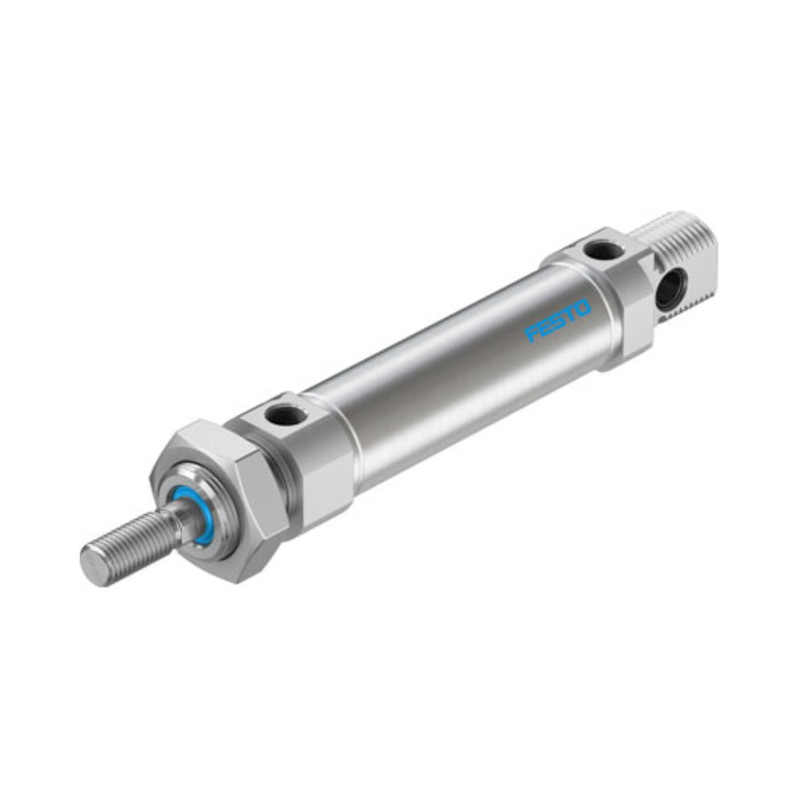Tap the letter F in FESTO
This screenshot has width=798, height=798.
point(532,334)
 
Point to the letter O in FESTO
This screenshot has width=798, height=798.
point(583,309)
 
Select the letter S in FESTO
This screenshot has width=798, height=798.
point(559,321)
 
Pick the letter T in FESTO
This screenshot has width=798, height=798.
point(570,315)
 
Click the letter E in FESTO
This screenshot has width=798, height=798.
point(545,328)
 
